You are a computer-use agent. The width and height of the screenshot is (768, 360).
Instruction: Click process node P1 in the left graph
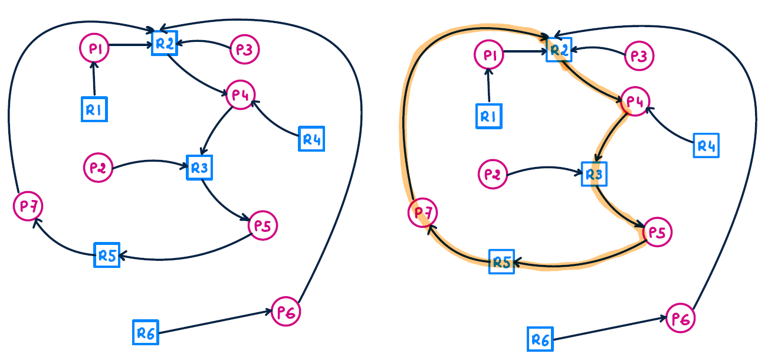pos(94,49)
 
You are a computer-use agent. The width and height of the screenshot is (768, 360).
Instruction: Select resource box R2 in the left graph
pos(165,42)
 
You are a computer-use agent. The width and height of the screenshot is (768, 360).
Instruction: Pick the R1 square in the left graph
pos(94,109)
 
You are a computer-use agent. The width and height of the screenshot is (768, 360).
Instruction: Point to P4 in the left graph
pos(239,94)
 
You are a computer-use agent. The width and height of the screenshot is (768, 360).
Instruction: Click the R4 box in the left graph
pos(311,139)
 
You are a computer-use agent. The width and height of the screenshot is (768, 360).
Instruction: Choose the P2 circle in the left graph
pos(97,167)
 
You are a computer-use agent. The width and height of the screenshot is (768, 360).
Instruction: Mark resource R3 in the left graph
pos(199,168)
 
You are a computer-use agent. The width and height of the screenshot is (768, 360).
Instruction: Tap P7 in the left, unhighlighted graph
pos(28,206)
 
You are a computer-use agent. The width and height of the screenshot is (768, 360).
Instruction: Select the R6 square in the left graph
pos(145,333)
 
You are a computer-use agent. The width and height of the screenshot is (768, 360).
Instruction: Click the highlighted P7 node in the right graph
pos(422,212)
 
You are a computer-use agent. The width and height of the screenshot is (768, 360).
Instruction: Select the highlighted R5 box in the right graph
pos(501,261)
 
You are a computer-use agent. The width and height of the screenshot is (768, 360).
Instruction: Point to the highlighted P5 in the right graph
pos(657,232)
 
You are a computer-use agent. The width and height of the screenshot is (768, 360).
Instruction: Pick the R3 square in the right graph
pos(593,174)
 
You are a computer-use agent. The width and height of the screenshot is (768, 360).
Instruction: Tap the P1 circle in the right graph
pos(488,55)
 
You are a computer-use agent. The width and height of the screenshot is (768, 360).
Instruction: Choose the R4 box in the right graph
pos(705,145)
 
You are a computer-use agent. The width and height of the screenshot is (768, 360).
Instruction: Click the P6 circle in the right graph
pos(681,319)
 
